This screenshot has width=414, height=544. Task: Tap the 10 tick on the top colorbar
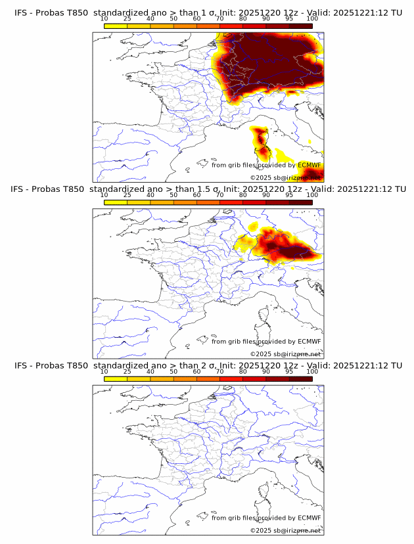click(x=104, y=18)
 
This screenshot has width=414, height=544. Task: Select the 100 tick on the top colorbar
click(x=312, y=18)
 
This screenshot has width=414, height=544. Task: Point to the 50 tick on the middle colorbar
click(x=173, y=195)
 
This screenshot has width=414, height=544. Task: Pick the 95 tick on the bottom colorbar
click(x=289, y=371)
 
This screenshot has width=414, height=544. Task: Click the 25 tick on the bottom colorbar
click(x=127, y=371)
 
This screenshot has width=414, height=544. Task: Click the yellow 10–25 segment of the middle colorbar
click(x=115, y=202)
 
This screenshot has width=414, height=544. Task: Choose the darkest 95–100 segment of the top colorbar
click(x=300, y=26)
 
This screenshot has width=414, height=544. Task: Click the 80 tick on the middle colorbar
click(x=243, y=195)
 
